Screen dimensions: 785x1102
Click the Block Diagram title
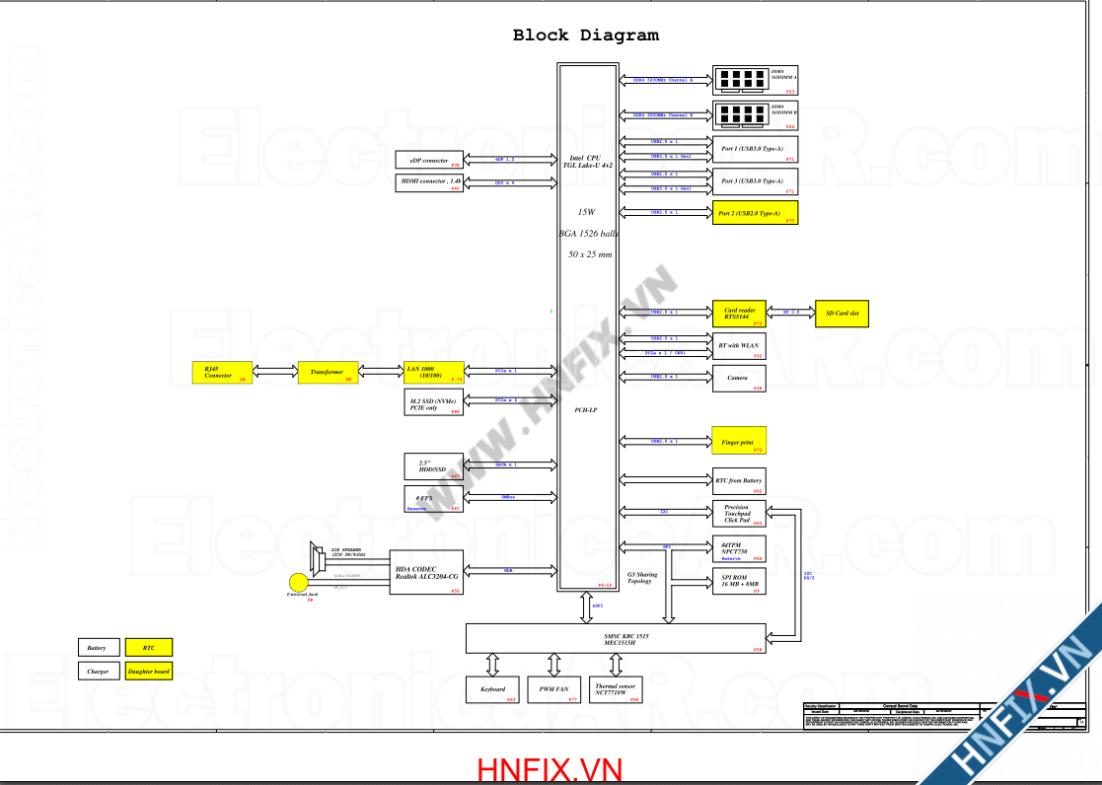coord(585,36)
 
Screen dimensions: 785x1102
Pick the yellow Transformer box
coord(327,373)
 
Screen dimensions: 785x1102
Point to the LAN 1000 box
coord(434,373)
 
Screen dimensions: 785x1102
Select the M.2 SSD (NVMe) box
coord(434,403)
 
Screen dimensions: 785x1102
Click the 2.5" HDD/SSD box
coord(434,466)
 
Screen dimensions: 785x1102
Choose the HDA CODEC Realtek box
coord(426,572)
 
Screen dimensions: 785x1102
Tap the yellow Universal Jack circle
coord(298,583)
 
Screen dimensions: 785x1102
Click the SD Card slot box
coord(842,314)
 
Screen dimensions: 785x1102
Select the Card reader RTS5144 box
coord(740,314)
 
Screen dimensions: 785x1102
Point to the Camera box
coord(739,379)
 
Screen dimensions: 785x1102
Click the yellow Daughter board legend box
coord(149,672)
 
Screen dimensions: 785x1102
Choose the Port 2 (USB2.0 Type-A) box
coord(755,213)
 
